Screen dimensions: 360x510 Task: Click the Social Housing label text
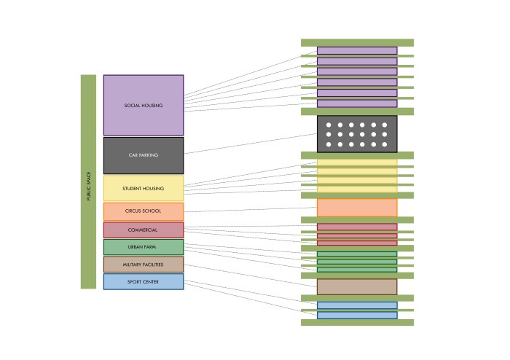tap(144, 106)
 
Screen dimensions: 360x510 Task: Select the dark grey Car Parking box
tap(144, 155)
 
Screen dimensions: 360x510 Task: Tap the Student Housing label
tap(144, 189)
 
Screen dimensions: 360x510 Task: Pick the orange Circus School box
tap(144, 211)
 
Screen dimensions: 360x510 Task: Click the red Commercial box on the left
tap(144, 230)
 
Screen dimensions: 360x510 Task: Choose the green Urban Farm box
tap(144, 247)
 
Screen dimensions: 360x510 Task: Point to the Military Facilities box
tap(144, 265)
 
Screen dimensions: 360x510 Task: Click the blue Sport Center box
tap(144, 281)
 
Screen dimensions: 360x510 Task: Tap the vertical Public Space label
tap(88, 182)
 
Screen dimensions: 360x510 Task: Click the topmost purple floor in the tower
tap(357, 50)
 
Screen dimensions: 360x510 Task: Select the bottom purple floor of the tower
tap(357, 103)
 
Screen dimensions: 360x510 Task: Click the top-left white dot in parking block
tap(329, 125)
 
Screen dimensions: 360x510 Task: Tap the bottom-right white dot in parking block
tap(385, 144)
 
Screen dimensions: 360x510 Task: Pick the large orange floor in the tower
tap(357, 208)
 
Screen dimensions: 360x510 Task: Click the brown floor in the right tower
tap(357, 286)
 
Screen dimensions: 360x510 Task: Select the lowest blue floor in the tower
tap(357, 316)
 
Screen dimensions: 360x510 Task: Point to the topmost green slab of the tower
tap(357, 42)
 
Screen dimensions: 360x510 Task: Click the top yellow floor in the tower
tap(357, 163)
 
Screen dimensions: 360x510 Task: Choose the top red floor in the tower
tap(357, 227)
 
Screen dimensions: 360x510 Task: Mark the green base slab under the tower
tap(357, 322)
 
